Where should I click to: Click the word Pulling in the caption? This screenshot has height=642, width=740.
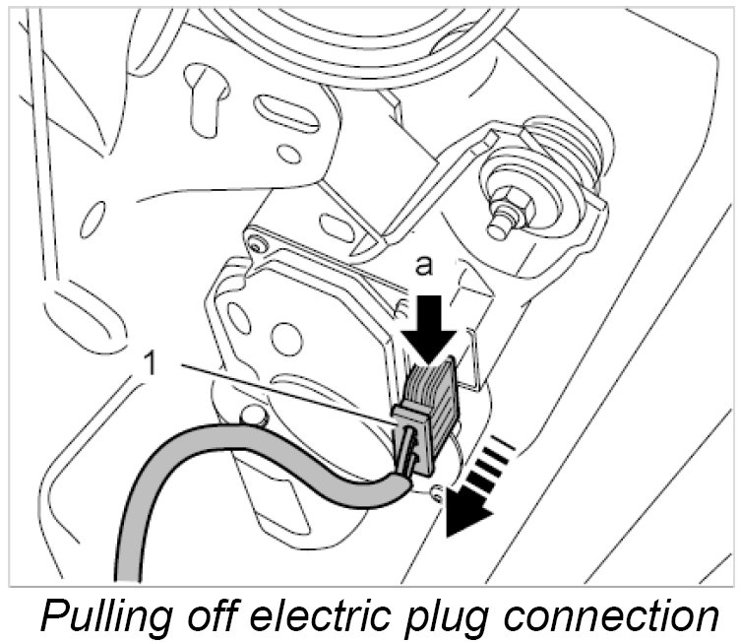pos(98,615)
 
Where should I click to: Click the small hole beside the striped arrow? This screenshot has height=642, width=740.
pos(435,489)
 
